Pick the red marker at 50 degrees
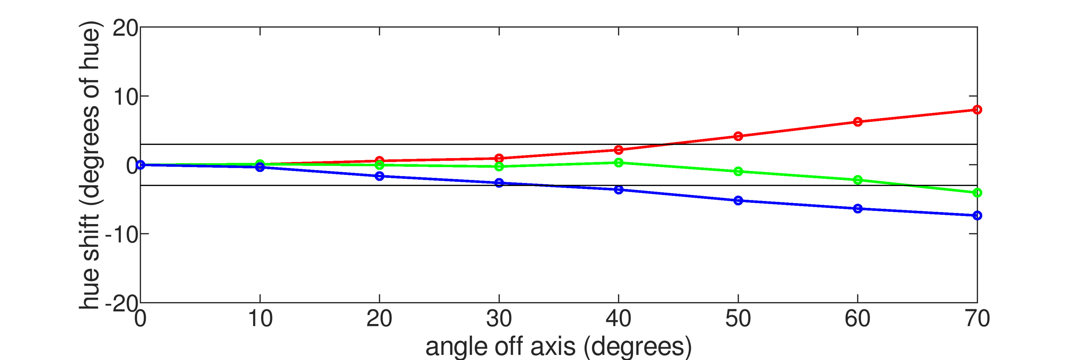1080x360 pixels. [738, 136]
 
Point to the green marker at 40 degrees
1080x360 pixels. [618, 163]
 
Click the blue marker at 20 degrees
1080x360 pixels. [379, 176]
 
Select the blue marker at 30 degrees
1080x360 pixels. [499, 183]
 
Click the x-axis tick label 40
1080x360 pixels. [618, 319]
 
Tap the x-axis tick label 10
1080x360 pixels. [260, 319]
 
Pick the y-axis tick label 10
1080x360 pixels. [125, 97]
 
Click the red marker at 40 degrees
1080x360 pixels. [618, 150]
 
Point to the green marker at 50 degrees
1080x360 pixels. [738, 171]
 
